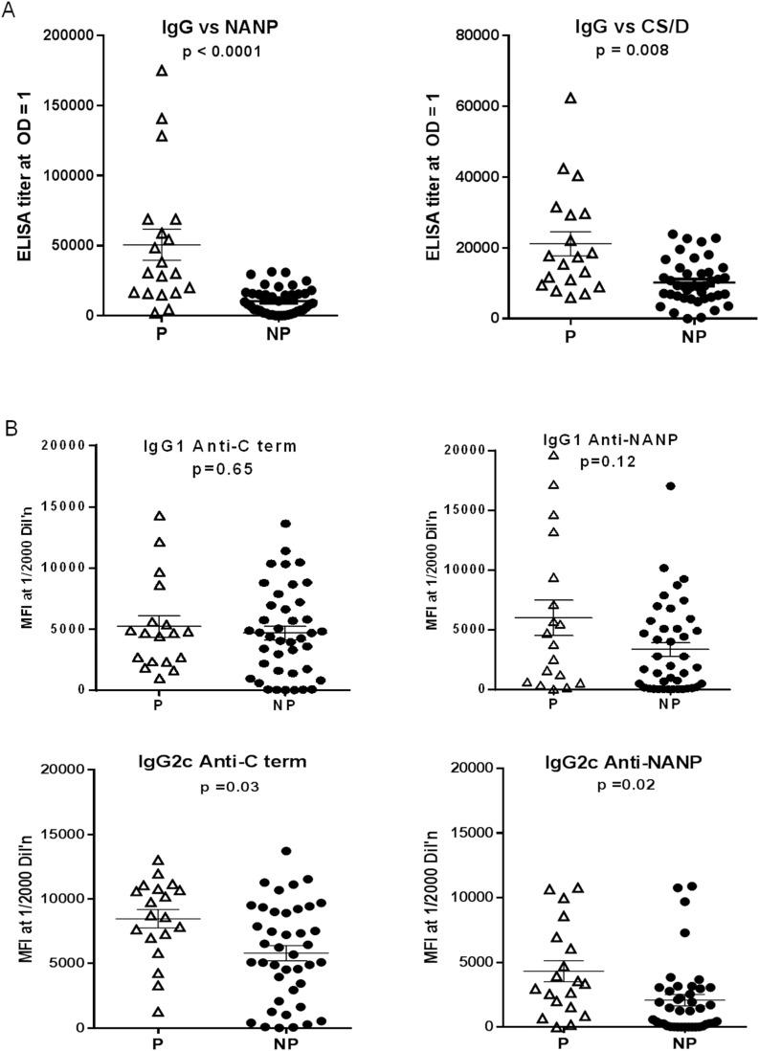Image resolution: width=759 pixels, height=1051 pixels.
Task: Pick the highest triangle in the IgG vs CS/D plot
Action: tap(571, 98)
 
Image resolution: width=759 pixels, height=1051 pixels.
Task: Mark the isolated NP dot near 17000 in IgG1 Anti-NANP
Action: tap(671, 486)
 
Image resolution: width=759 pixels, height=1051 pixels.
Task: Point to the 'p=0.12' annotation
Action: tap(605, 461)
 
